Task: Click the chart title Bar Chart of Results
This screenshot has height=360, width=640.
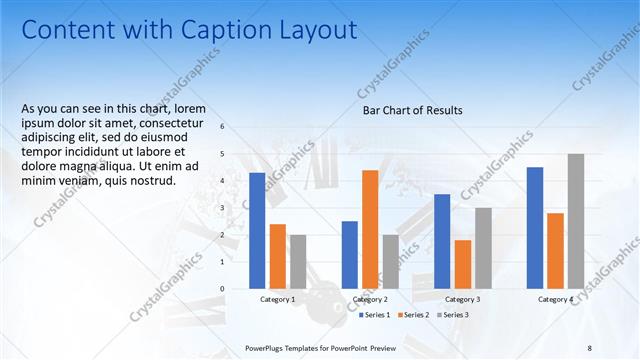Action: click(x=412, y=111)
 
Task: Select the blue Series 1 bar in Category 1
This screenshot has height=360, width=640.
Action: click(x=257, y=230)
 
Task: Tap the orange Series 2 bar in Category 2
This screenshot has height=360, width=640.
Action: click(x=370, y=229)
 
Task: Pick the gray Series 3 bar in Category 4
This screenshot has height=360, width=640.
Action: click(x=575, y=221)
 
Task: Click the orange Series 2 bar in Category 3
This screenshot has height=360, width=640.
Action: click(x=462, y=264)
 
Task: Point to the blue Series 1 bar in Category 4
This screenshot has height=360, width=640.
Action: click(x=535, y=227)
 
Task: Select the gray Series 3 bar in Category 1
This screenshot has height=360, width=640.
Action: click(x=298, y=261)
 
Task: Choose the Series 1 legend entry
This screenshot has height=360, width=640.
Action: click(x=376, y=315)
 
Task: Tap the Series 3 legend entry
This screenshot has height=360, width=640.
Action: click(x=451, y=315)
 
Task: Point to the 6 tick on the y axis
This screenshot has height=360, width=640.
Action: click(x=222, y=127)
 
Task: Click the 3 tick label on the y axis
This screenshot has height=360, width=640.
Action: click(x=222, y=208)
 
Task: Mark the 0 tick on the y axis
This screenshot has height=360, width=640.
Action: click(x=222, y=289)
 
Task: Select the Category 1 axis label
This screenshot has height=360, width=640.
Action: click(x=277, y=299)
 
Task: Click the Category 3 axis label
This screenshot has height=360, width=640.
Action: click(x=462, y=299)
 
